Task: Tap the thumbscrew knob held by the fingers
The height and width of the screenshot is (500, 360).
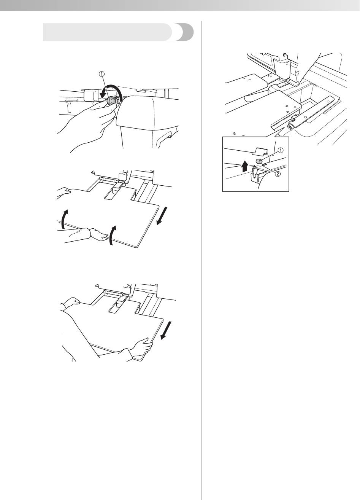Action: click(x=111, y=101)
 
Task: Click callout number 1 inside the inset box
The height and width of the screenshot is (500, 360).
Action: click(x=281, y=150)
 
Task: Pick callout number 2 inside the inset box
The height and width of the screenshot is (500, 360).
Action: click(x=277, y=174)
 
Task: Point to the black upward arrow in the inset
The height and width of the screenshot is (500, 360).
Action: click(x=245, y=167)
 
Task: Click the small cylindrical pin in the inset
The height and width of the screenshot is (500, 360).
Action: click(x=259, y=161)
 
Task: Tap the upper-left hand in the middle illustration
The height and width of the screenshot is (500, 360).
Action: click(x=63, y=191)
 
